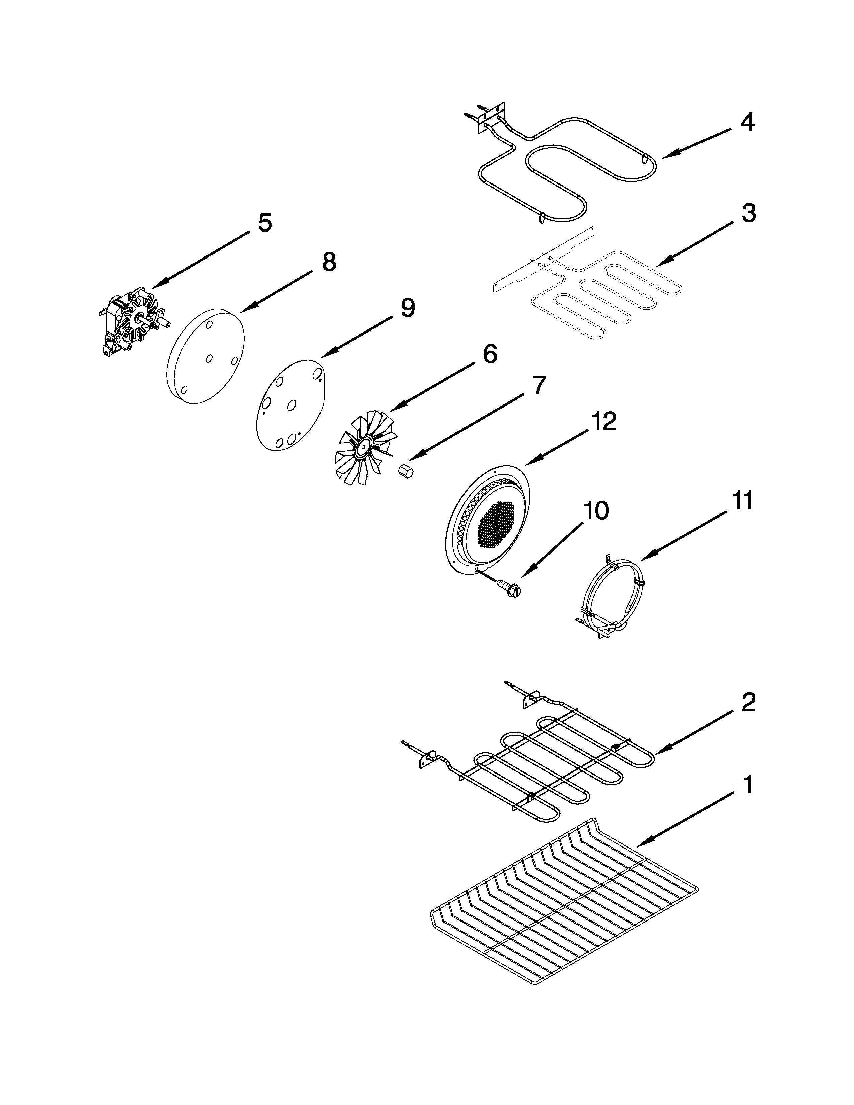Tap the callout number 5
click(265, 223)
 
